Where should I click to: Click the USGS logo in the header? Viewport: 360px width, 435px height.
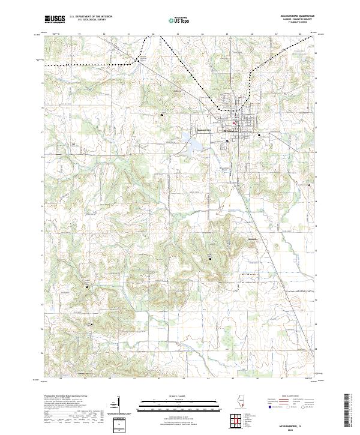55,19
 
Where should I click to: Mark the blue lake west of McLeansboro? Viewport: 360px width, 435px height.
196,145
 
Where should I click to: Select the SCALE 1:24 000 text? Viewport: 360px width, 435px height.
180,396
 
